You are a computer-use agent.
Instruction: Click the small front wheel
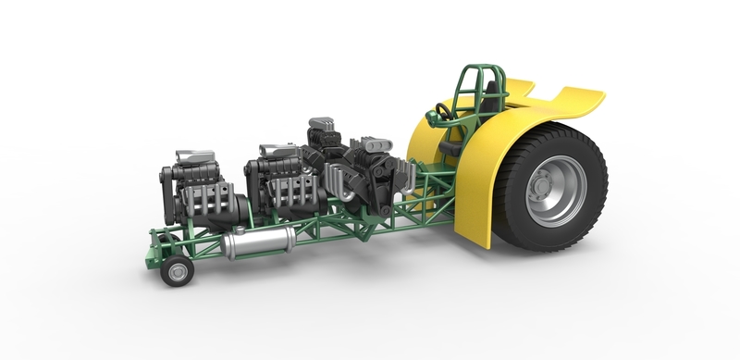176,270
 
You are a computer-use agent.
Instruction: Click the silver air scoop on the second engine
277,149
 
